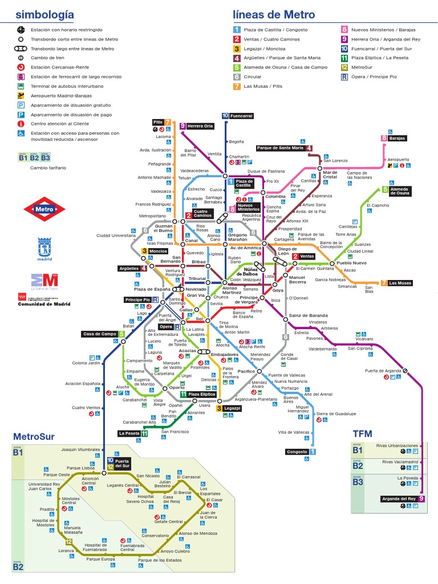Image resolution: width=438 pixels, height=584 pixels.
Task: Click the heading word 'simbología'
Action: pyautogui.click(x=44, y=15)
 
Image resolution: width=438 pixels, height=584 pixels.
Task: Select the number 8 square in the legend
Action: pyautogui.click(x=344, y=30)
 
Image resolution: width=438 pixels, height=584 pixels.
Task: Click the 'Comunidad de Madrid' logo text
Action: pyautogui.click(x=44, y=304)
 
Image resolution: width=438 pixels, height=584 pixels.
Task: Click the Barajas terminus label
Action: pyautogui.click(x=398, y=139)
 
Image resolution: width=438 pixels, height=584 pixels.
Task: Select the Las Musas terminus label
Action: pyautogui.click(x=400, y=283)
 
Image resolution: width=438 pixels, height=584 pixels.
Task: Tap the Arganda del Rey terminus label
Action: pyautogui.click(x=399, y=499)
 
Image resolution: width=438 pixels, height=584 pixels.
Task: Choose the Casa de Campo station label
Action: pyautogui.click(x=100, y=334)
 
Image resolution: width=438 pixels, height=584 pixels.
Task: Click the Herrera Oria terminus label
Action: pyautogui.click(x=200, y=126)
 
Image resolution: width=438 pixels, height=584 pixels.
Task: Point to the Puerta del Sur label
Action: pyautogui.click(x=122, y=463)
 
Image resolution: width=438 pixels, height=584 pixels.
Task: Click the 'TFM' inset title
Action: pyautogui.click(x=362, y=434)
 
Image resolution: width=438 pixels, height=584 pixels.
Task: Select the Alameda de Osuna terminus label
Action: pyautogui.click(x=400, y=191)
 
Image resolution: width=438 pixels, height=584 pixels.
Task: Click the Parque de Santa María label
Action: pyautogui.click(x=280, y=148)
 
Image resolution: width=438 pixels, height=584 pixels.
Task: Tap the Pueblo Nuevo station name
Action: pyautogui.click(x=351, y=263)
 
